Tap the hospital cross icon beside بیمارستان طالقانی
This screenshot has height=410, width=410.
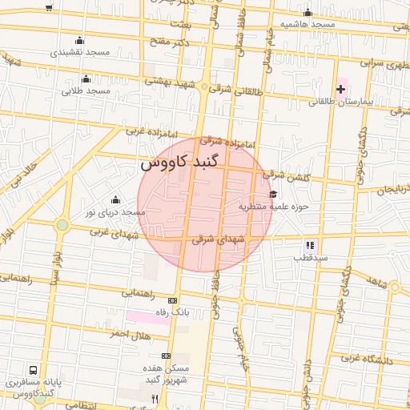coord(340,89)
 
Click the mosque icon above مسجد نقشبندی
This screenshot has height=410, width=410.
coord(78,41)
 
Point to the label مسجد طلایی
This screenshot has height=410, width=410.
coord(86,91)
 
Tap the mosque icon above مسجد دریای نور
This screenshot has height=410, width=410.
coord(116,199)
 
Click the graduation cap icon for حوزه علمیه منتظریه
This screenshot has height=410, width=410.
coord(273,194)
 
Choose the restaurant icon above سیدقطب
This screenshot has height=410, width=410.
coord(310,245)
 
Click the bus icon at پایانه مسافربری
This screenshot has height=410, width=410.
coord(34,371)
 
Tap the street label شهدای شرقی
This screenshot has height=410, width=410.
coord(214,239)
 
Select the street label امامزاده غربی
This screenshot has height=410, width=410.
coord(143,131)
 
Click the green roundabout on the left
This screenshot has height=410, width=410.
coord(62,225)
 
